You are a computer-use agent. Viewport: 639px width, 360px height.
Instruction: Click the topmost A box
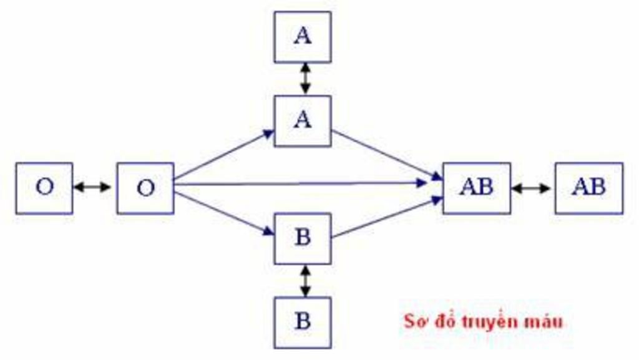(x=303, y=37)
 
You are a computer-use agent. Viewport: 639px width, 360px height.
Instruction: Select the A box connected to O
(x=303, y=121)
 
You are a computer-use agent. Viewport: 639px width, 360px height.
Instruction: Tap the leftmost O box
(x=44, y=188)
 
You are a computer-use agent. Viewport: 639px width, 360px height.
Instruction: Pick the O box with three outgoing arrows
(x=145, y=188)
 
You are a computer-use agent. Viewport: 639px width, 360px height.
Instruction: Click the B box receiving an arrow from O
(x=303, y=238)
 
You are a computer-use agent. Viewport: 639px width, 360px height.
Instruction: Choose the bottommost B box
(x=303, y=323)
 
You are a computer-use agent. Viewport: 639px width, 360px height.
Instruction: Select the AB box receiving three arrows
(x=476, y=188)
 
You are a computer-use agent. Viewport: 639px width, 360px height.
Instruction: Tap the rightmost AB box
(x=589, y=188)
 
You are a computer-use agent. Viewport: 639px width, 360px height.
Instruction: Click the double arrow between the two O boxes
(x=92, y=187)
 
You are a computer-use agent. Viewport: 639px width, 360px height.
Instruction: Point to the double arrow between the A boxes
(x=305, y=79)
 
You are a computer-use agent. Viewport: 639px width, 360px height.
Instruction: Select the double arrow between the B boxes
(x=305, y=281)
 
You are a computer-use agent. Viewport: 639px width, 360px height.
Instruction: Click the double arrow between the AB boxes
(x=531, y=188)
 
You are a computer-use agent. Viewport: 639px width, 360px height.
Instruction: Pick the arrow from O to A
(x=224, y=155)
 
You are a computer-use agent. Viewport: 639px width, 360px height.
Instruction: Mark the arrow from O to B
(x=224, y=214)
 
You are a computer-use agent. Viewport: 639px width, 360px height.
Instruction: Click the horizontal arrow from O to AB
(x=301, y=184)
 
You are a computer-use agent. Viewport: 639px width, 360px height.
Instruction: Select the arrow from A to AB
(x=387, y=155)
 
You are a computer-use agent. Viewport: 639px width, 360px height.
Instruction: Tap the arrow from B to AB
(x=387, y=217)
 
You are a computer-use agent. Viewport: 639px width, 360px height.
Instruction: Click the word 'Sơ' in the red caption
(x=415, y=321)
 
